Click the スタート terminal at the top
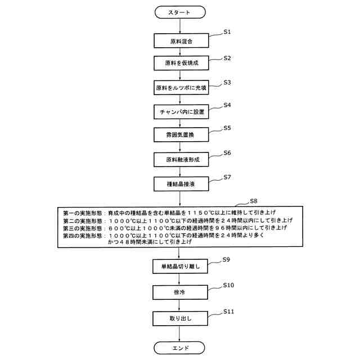(x=179, y=12)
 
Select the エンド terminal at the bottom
(x=179, y=348)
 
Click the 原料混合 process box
(x=179, y=41)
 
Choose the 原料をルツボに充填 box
(x=179, y=88)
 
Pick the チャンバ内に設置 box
(x=179, y=112)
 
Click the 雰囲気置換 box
(x=179, y=136)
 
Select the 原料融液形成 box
(x=179, y=160)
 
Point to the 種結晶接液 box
(x=179, y=183)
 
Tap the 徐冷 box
(x=179, y=292)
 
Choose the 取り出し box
(x=179, y=318)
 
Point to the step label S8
(x=254, y=201)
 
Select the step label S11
(x=228, y=311)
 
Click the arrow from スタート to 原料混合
(x=179, y=26)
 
